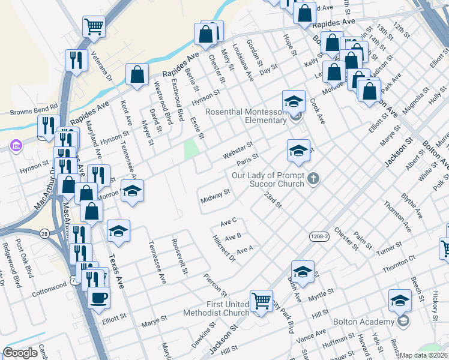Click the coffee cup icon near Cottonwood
pos(98,296)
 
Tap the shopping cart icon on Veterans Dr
pos(93,26)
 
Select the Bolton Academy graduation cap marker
pos(400,299)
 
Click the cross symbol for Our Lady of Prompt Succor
pos(313,178)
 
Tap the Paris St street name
pos(247,160)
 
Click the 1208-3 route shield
pos(320,237)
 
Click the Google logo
pos(20,352)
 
